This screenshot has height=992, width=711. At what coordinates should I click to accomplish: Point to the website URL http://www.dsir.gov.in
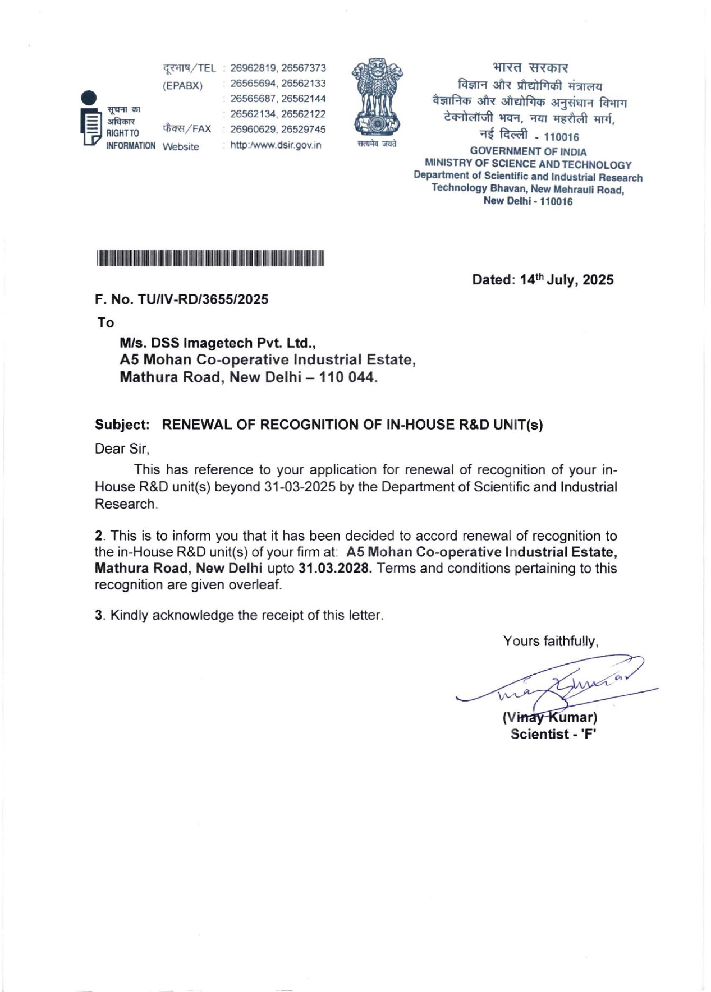(x=276, y=145)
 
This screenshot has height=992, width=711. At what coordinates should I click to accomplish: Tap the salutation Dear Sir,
(x=122, y=449)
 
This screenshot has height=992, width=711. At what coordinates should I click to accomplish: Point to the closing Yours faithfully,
(x=551, y=641)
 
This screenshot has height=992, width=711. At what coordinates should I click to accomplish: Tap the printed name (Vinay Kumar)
(x=550, y=717)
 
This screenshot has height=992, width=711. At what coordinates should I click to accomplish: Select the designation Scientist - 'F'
(x=553, y=734)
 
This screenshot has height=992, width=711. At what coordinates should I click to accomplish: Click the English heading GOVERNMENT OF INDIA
(x=528, y=151)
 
